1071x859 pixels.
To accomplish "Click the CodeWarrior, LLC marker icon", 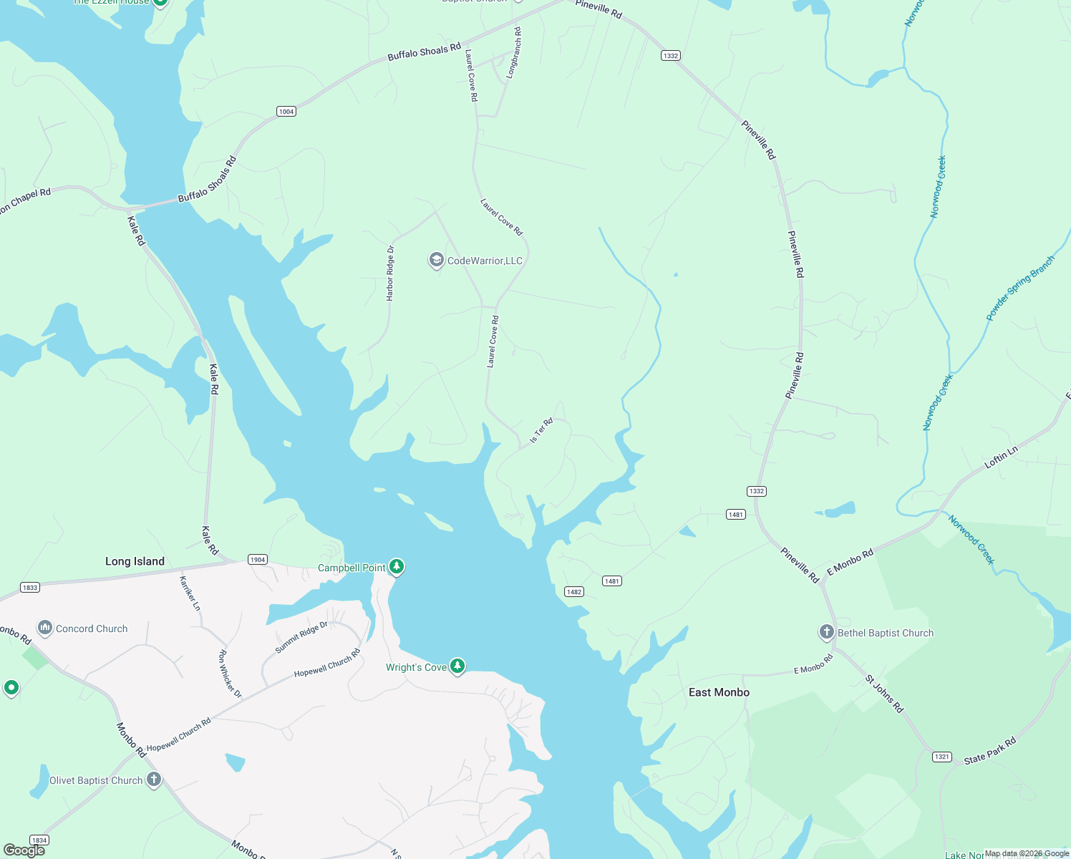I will click(x=436, y=260).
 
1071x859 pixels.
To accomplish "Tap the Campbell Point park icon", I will click(x=397, y=567).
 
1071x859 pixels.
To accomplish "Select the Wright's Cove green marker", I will click(x=457, y=666).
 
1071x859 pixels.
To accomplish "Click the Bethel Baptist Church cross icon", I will click(x=826, y=632).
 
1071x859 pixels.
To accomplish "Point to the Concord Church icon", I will click(x=45, y=628).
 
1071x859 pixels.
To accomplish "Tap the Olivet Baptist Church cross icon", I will click(x=154, y=780).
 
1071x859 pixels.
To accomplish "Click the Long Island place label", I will click(x=135, y=561).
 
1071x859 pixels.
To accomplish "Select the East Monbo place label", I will click(x=719, y=692).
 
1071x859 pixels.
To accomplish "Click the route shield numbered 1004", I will click(x=286, y=111).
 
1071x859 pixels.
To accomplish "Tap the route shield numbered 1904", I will click(x=258, y=559).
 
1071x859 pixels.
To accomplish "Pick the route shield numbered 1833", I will click(x=29, y=587).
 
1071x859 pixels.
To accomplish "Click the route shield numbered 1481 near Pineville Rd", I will click(x=736, y=514).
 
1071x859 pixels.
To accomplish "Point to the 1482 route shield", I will click(x=574, y=591).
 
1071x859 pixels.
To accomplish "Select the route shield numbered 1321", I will click(x=942, y=757).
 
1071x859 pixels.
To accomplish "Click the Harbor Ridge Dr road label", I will click(x=390, y=273).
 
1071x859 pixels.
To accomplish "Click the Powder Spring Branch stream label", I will click(x=1020, y=288).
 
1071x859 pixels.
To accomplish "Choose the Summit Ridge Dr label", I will click(x=301, y=637).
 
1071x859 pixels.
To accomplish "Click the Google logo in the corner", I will click(x=24, y=850).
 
